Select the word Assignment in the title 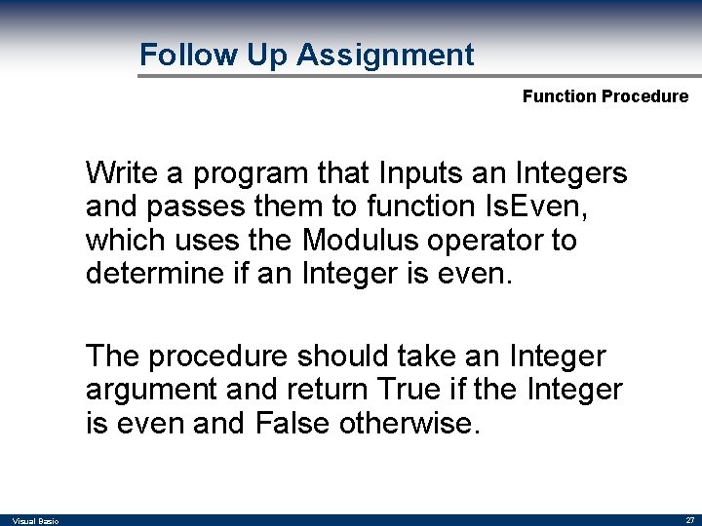tap(385, 56)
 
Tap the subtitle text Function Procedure tap(604, 96)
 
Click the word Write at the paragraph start tap(122, 173)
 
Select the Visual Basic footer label tap(36, 521)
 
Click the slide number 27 tap(688, 521)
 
